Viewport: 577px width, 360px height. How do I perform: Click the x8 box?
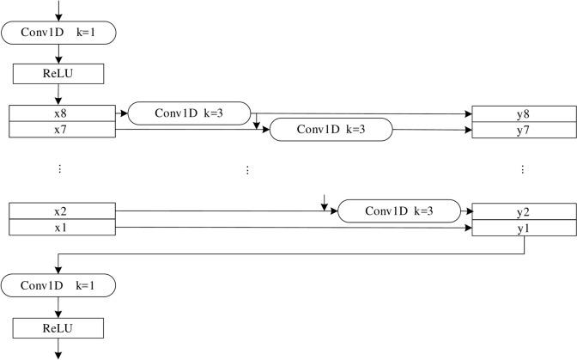[x=59, y=113]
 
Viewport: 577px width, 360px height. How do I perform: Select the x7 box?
[x=59, y=130]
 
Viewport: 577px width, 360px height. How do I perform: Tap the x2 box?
[x=59, y=211]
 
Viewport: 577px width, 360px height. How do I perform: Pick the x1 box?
[x=59, y=227]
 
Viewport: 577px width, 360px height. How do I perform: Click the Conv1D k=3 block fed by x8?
[x=189, y=113]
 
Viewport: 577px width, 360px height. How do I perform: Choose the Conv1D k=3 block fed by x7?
[x=331, y=130]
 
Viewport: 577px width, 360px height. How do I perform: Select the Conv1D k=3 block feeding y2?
[x=399, y=211]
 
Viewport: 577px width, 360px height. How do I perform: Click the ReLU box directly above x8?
[x=58, y=74]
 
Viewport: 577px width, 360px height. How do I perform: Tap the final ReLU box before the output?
[x=58, y=328]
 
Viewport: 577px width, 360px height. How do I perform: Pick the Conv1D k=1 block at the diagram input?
[x=58, y=34]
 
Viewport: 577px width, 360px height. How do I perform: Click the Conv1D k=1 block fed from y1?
[x=58, y=284]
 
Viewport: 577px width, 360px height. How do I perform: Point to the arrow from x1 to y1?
[x=292, y=227]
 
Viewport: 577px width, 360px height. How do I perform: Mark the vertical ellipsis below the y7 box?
[x=523, y=170]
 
